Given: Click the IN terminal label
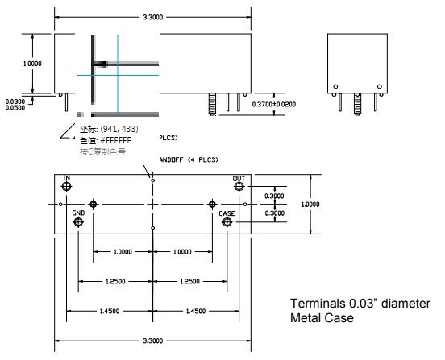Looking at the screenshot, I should click(x=67, y=177).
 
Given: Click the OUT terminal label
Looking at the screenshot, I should click(x=239, y=178).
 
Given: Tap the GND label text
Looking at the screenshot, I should click(x=78, y=213).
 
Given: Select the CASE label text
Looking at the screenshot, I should click(x=227, y=213).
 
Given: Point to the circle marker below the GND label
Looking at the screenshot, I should click(x=78, y=222).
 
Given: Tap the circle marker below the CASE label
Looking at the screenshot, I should click(x=227, y=222).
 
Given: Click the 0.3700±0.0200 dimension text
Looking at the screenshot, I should click(x=274, y=105).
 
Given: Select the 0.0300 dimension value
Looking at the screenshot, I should click(x=15, y=101).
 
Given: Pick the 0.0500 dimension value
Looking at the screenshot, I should click(x=15, y=107).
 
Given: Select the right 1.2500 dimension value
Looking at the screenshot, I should click(x=189, y=282).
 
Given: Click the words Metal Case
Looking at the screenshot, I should click(x=322, y=318).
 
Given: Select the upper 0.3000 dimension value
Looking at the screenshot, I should click(x=275, y=196).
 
